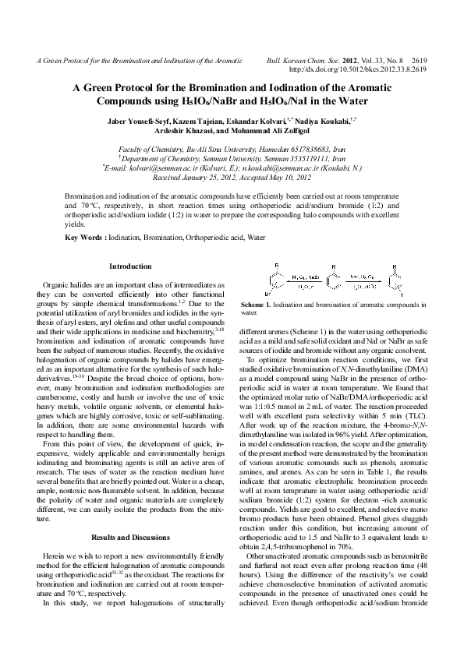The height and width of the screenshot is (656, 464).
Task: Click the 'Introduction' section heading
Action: click(x=130, y=266)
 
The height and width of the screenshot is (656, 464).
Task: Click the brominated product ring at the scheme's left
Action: click(x=275, y=280)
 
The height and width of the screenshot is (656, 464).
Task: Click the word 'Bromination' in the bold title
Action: click(x=219, y=89)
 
